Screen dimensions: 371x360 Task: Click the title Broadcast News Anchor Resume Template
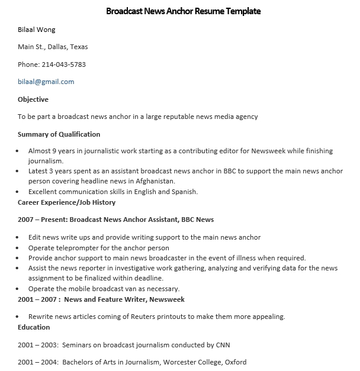(183, 11)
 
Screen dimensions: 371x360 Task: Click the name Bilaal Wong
(37, 30)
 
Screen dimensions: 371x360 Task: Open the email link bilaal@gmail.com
(46, 82)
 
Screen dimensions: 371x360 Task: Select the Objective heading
(33, 99)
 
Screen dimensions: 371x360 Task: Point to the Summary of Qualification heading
(59, 134)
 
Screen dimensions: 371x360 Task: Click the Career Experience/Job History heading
(67, 202)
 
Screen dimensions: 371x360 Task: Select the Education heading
(34, 327)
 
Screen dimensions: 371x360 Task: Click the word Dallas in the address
(56, 47)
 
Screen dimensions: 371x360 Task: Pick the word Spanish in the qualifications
(183, 192)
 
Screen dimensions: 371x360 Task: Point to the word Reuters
(148, 317)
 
